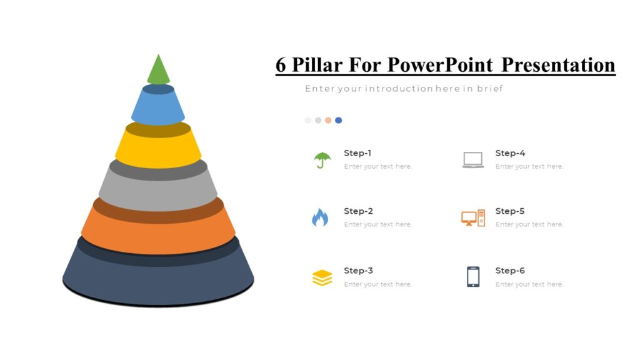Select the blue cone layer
pos(158,109)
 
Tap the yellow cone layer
pos(158,150)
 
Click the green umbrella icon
pos(322,160)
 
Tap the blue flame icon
pos(320,217)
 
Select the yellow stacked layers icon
pos(322,277)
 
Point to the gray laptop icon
pos(473,160)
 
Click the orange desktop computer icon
pos(473,218)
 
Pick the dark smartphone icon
pos(473,277)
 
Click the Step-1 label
pos(357,153)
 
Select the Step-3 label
pos(358,271)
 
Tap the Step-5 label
pos(510,211)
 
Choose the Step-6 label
pos(510,271)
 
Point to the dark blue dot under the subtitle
pos(338,120)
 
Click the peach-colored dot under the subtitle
pos(328,120)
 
